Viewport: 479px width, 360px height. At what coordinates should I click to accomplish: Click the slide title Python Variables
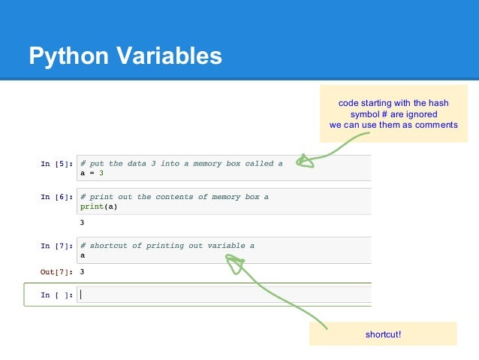125,56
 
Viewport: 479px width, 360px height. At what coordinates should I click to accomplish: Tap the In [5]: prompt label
56,163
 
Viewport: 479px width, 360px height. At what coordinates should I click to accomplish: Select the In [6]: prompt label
56,197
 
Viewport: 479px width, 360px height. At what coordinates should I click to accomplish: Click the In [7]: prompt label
56,246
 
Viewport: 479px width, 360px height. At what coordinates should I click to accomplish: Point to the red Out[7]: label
56,271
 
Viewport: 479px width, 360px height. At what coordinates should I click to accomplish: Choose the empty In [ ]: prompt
56,295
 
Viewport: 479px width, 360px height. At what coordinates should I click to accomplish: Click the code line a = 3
93,173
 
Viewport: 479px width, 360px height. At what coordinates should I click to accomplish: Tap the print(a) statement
99,207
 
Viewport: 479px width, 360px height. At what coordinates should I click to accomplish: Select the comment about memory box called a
181,163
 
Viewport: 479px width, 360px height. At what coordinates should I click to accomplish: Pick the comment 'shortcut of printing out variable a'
167,246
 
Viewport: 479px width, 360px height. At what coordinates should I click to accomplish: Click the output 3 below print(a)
82,222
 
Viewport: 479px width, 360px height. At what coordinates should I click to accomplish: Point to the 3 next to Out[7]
82,271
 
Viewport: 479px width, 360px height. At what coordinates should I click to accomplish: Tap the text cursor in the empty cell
81,295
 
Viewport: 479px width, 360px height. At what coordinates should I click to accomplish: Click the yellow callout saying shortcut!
383,334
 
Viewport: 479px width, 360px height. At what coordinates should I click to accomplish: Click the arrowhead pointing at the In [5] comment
303,160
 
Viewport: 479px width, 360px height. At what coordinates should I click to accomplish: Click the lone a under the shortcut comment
82,256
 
